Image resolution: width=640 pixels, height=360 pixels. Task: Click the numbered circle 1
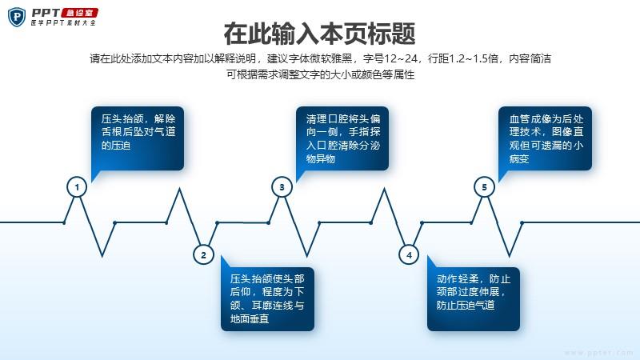coord(77,187)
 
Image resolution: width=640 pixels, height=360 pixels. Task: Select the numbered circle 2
coord(203,254)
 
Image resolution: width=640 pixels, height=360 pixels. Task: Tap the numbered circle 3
coord(282,187)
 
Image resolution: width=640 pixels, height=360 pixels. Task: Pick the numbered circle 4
coord(409,254)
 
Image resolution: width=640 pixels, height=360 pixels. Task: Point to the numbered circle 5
coord(485,187)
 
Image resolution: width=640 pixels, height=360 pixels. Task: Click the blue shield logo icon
coord(17,17)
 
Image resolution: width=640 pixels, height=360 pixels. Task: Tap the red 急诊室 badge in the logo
coord(79,13)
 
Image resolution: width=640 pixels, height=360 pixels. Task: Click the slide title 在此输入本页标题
coord(319,34)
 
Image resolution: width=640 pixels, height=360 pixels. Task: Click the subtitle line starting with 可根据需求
coord(321,74)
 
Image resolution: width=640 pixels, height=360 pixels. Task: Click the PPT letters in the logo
coord(46,13)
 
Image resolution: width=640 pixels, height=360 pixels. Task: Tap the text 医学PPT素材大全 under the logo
coord(63,23)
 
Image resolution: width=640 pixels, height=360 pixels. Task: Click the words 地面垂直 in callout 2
coord(250,318)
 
